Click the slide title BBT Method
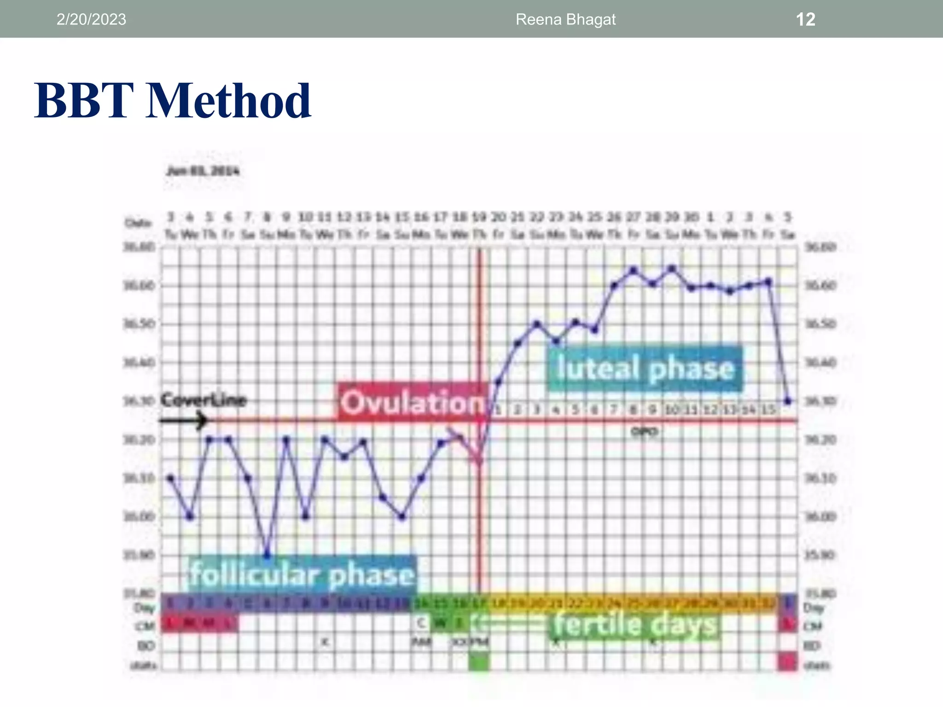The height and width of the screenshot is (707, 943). (x=173, y=101)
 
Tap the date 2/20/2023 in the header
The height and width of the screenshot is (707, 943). (x=91, y=19)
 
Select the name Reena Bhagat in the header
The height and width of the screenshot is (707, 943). (x=565, y=19)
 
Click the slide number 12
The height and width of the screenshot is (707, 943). (x=805, y=19)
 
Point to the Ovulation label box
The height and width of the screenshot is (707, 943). (x=413, y=402)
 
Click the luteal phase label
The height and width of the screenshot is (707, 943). (x=645, y=369)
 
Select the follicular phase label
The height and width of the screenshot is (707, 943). (x=302, y=574)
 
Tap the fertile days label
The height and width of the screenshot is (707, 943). (x=635, y=625)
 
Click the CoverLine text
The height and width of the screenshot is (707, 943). (x=204, y=400)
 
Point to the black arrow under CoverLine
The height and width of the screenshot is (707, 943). (x=184, y=420)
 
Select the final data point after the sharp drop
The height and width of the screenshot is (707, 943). (x=788, y=401)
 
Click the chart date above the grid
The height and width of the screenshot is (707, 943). (x=203, y=171)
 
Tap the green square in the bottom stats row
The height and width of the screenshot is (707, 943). (x=479, y=663)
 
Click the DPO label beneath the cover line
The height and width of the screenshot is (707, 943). (x=644, y=432)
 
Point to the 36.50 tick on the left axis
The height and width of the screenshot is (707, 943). (x=139, y=324)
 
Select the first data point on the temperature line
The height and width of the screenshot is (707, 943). (x=171, y=478)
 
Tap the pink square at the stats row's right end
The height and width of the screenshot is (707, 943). (x=788, y=663)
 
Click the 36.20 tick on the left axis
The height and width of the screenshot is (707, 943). (x=139, y=440)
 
